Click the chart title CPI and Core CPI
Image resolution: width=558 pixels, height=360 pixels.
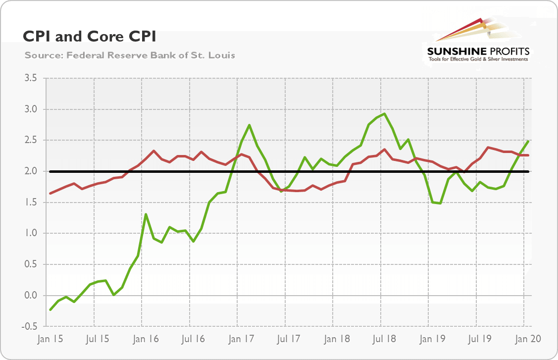[x=90, y=37]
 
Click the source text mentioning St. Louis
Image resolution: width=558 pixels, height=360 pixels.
[x=130, y=55]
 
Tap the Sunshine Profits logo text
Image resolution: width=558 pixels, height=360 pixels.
[x=478, y=51]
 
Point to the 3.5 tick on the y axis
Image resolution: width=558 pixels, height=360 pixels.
[x=33, y=78]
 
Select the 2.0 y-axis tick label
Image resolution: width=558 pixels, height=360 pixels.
[x=33, y=171]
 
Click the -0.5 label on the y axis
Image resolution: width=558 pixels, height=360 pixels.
[x=32, y=327]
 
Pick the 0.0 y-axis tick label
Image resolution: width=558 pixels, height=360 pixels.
[x=33, y=296]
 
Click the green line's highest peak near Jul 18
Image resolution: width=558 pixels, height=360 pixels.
[x=385, y=114]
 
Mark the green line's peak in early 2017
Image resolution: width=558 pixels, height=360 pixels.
[x=249, y=125]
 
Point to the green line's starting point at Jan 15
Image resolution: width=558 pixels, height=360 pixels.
[x=50, y=310]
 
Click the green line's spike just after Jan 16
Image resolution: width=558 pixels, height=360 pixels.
[x=146, y=214]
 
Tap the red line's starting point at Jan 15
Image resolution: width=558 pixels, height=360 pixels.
[x=50, y=193]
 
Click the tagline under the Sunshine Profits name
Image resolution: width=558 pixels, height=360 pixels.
[x=478, y=59]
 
